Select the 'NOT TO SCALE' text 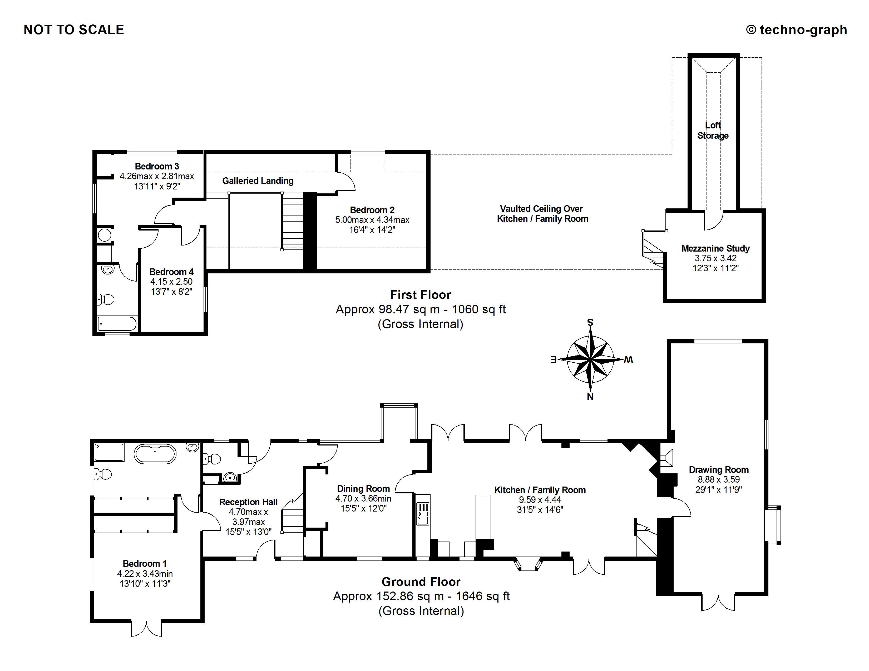click(x=74, y=30)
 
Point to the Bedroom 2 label click(x=372, y=210)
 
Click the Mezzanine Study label click(x=715, y=248)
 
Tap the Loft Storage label click(x=713, y=130)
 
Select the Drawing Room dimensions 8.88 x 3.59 click(x=719, y=479)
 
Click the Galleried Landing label click(x=258, y=181)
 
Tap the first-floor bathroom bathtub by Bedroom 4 click(x=117, y=324)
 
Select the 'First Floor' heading click(x=420, y=294)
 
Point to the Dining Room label click(x=363, y=489)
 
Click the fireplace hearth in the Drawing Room click(x=666, y=458)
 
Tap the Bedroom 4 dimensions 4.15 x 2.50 click(x=171, y=282)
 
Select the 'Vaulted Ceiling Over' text click(x=541, y=209)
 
